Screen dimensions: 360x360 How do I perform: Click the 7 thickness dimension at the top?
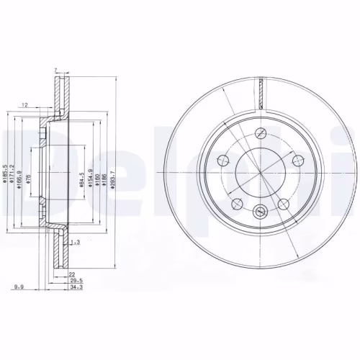55,70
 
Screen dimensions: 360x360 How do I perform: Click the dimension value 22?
72,275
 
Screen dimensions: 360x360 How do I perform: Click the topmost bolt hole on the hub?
261,135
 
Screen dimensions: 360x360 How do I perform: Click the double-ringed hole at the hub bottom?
261,211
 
